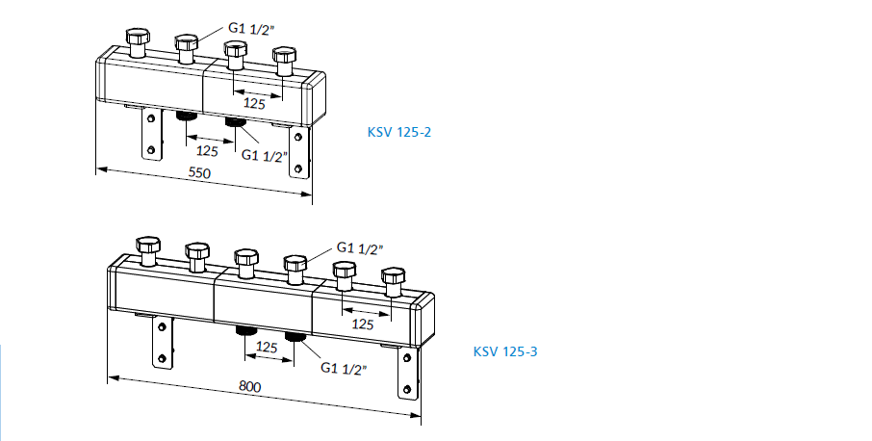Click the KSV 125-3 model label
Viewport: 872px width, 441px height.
point(504,351)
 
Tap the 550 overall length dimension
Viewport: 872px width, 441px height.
point(198,175)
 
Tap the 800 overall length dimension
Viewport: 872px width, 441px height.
point(249,386)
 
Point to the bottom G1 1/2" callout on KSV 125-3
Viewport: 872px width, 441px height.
point(344,368)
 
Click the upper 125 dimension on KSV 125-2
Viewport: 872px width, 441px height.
point(254,103)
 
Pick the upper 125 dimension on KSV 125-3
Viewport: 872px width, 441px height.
point(362,324)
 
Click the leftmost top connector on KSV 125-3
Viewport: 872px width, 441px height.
point(147,250)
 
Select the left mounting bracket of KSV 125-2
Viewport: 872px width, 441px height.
point(149,134)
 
